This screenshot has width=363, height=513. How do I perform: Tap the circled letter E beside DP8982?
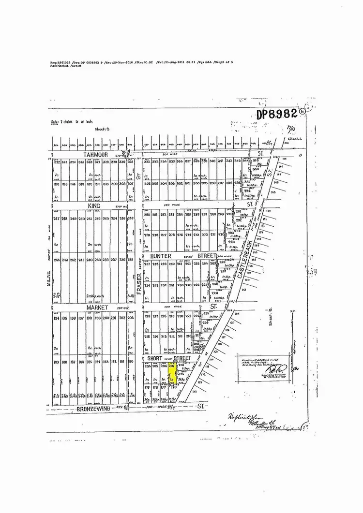coord(303,111)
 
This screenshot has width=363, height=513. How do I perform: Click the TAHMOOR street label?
coord(94,155)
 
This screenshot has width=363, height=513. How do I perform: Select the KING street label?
coord(93,206)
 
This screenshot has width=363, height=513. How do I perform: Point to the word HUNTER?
coord(161,255)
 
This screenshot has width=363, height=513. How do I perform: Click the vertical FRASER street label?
coord(137,280)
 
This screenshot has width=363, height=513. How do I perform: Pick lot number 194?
coord(56,318)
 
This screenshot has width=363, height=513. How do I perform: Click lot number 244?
coord(56,260)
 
